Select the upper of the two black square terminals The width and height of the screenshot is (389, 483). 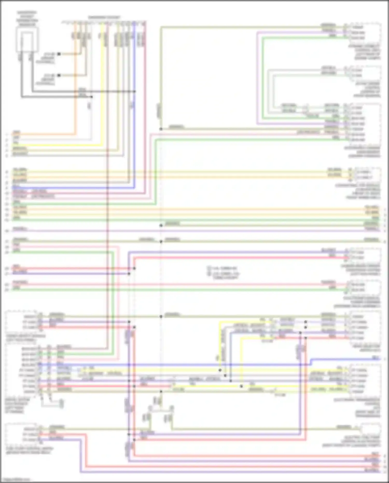[x=59, y=54]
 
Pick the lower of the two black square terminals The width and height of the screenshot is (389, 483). [x=59, y=76]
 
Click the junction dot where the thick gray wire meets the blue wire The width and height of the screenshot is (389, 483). [x=135, y=91]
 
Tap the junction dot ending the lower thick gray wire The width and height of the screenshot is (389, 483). [x=92, y=97]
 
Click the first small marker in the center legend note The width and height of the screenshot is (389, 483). [x=208, y=268]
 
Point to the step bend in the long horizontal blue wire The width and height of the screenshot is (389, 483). [x=311, y=362]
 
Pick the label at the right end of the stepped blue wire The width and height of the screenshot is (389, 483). [x=375, y=358]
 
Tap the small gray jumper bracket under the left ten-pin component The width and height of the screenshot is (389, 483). [x=52, y=403]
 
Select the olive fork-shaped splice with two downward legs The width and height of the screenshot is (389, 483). [x=161, y=410]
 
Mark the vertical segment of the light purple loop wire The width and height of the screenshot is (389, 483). [x=258, y=78]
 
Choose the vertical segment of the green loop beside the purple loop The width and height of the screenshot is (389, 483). [x=262, y=78]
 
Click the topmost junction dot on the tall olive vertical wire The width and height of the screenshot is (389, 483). [x=161, y=129]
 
